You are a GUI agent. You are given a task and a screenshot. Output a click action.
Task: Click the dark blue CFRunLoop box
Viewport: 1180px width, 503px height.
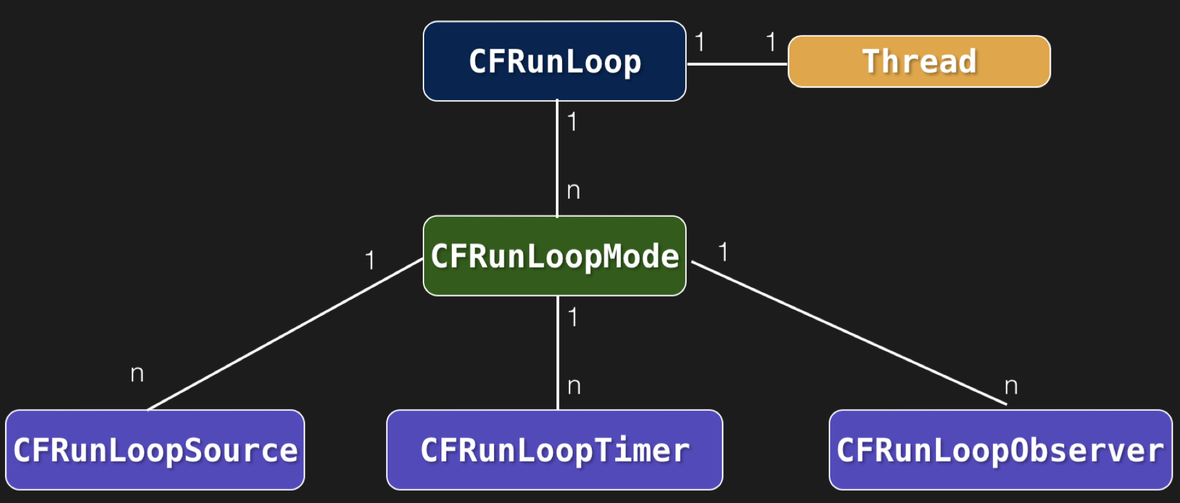click(x=554, y=61)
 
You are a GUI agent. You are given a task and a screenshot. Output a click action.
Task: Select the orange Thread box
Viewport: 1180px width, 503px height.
click(x=919, y=61)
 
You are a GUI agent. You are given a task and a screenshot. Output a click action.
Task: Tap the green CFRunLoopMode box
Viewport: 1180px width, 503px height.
click(x=554, y=256)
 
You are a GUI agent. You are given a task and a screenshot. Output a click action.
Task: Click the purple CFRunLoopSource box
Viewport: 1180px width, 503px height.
click(x=155, y=450)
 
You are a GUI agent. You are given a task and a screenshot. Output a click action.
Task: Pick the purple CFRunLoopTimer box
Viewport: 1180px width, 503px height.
click(x=554, y=450)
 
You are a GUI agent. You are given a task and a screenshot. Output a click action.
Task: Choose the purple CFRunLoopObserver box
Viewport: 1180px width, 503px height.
click(x=1000, y=450)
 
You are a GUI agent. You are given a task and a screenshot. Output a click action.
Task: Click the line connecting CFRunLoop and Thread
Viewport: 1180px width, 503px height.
click(x=737, y=64)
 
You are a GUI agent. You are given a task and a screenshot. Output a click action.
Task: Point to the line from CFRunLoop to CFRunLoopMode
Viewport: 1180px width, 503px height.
click(x=557, y=158)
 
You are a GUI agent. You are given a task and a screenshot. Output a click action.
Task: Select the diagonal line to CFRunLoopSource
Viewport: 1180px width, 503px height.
click(x=285, y=335)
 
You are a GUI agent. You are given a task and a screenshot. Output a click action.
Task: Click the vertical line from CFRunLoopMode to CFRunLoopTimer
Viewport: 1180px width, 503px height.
click(x=558, y=353)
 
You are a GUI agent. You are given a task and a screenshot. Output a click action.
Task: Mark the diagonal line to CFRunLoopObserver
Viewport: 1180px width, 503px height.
click(x=848, y=333)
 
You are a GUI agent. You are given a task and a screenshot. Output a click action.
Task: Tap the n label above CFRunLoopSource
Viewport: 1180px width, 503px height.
click(x=137, y=374)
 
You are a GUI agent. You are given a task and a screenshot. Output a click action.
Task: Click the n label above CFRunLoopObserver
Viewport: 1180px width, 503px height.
click(x=1010, y=387)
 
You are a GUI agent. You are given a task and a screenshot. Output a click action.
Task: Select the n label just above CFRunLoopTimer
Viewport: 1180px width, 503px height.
click(x=574, y=387)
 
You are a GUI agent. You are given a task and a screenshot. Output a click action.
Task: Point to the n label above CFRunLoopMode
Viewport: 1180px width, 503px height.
click(x=573, y=191)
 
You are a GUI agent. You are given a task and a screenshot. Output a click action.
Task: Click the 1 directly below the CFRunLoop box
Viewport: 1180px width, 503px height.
click(x=572, y=121)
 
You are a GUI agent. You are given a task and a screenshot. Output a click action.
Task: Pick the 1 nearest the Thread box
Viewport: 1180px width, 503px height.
click(x=771, y=42)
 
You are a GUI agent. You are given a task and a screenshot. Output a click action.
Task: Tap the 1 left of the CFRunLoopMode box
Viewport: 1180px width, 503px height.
click(x=370, y=260)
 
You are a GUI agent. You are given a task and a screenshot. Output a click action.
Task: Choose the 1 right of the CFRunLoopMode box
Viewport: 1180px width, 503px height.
click(x=722, y=252)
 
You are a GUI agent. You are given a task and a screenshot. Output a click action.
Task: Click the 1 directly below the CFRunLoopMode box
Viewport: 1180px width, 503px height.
click(x=573, y=317)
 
